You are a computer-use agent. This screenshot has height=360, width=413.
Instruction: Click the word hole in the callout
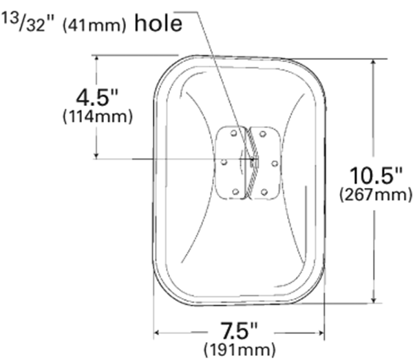[x=158, y=23]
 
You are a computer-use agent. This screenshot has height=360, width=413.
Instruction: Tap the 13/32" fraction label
[x=28, y=22]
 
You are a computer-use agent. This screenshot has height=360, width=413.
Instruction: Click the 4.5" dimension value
[x=97, y=97]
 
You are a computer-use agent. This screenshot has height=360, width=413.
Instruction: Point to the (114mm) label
[x=98, y=116]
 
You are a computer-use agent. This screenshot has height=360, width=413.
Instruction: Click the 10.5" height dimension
[x=376, y=176]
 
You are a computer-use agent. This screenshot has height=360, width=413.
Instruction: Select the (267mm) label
[x=376, y=195]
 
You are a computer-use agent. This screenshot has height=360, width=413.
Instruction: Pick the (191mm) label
[x=240, y=350]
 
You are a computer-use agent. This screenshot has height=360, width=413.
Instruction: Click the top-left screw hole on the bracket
[x=233, y=134]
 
